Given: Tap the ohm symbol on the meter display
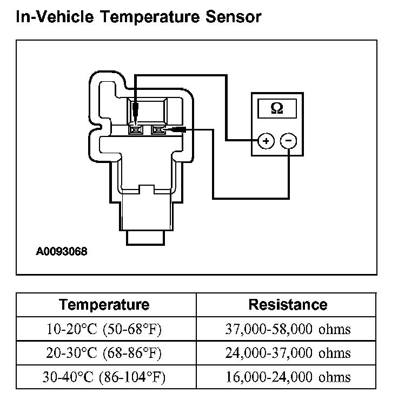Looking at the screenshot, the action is point(276,108).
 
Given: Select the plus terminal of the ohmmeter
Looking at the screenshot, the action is point(265,141).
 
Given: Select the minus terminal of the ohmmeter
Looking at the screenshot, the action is point(289,141).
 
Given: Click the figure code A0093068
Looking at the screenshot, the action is point(62,252).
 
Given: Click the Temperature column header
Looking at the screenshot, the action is point(104,304).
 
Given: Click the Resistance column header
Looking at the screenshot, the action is point(288,304).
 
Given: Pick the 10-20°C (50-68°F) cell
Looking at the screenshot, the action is point(104,329).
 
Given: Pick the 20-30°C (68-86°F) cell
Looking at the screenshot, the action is point(104,353).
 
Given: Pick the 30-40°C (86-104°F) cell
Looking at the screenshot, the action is point(104,377).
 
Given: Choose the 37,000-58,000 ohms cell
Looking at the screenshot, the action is point(288,329).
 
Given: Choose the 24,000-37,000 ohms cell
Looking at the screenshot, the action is point(288,353).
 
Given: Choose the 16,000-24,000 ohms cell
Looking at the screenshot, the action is point(288,377).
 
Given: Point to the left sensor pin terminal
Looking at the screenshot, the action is point(135,130).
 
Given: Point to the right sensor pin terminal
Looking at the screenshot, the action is point(158,130).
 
